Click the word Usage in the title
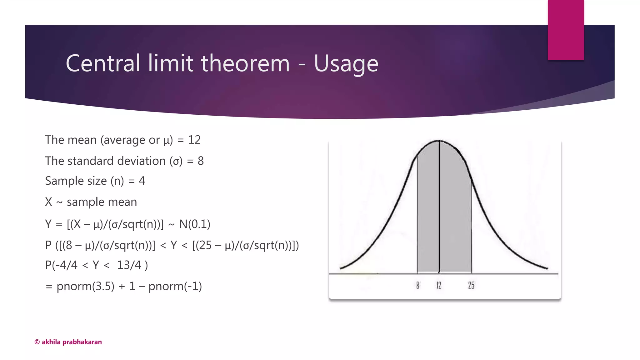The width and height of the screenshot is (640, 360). [346, 64]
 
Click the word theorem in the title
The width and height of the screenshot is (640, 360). [245, 63]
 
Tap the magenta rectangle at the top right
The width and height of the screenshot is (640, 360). [566, 30]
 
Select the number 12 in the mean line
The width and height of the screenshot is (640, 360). [194, 140]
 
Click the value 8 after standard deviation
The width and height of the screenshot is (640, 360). [201, 161]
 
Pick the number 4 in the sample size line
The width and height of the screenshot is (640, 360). [142, 181]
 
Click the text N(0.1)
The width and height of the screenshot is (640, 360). [194, 224]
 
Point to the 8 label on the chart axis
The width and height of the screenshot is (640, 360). [418, 285]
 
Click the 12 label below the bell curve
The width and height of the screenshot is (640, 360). [439, 285]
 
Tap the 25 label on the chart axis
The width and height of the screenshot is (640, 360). [471, 285]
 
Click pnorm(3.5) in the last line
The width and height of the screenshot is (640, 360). [85, 286]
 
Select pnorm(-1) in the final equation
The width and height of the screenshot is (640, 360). [175, 286]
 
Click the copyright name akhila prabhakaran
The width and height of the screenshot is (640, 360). [72, 342]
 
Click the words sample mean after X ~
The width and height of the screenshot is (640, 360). [102, 202]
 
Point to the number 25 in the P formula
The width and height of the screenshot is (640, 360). [205, 245]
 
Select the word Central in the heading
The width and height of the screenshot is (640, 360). [103, 63]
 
